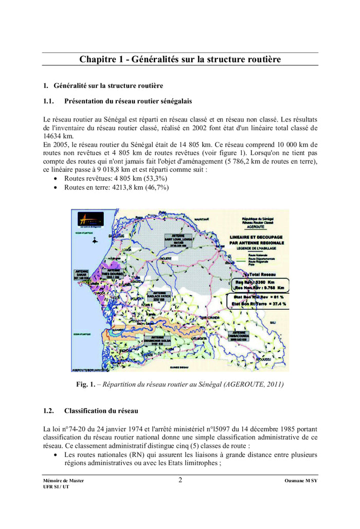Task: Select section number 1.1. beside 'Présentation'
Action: click(50, 101)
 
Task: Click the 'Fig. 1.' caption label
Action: click(85, 384)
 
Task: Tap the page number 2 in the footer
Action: click(181, 481)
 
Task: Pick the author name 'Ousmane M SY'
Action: click(300, 481)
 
